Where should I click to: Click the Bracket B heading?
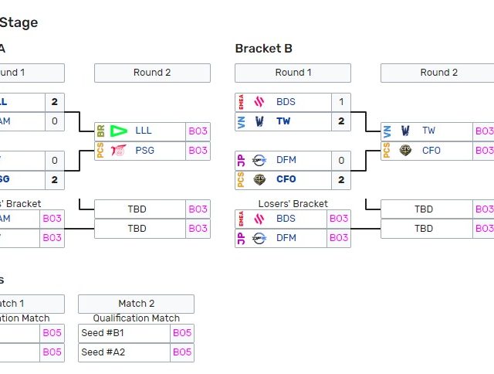click(x=263, y=49)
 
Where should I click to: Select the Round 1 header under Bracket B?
click(x=293, y=73)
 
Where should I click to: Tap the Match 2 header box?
click(x=136, y=304)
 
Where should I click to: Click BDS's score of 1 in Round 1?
click(x=341, y=102)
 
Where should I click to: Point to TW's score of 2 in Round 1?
click(x=341, y=121)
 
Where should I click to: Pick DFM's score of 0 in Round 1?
click(x=341, y=160)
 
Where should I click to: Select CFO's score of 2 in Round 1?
click(x=341, y=179)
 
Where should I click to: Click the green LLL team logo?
click(x=118, y=131)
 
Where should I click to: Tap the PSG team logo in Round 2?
click(x=118, y=151)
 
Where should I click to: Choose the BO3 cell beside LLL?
click(x=198, y=131)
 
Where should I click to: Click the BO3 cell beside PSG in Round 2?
click(x=198, y=151)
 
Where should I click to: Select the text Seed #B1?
click(x=103, y=333)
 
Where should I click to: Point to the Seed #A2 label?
click(x=103, y=352)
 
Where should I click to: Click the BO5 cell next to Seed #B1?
click(x=182, y=333)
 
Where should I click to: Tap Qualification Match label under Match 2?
click(x=136, y=318)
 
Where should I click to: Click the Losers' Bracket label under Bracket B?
click(x=293, y=204)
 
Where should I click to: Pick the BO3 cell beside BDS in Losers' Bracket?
click(x=339, y=219)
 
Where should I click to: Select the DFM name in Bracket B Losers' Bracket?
click(x=286, y=238)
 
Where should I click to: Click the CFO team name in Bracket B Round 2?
click(x=431, y=151)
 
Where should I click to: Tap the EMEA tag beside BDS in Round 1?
click(x=241, y=102)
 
